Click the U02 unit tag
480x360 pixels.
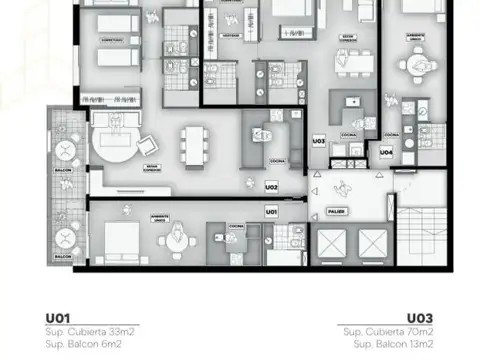(x=271, y=187)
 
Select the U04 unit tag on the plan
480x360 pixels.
(x=386, y=152)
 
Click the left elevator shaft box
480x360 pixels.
(x=331, y=243)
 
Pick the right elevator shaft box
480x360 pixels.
(x=371, y=243)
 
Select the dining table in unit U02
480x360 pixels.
(x=190, y=148)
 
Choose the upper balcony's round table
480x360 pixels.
(x=65, y=153)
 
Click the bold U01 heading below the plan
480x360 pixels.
(x=56, y=318)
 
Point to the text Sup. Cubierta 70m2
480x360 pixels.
(x=389, y=331)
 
